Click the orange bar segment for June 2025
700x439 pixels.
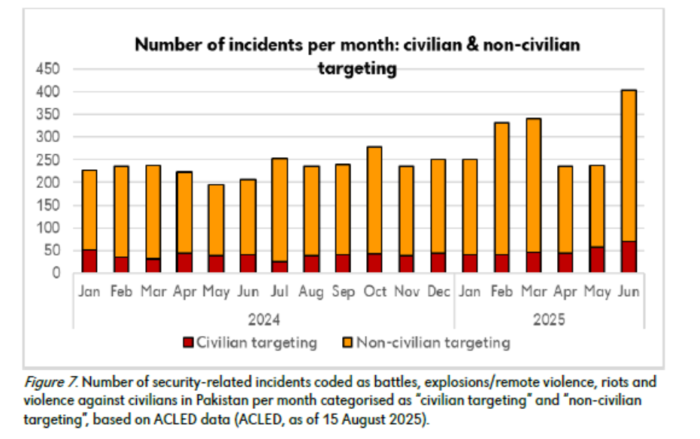(629, 165)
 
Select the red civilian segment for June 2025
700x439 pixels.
(629, 257)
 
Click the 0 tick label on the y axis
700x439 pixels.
(56, 273)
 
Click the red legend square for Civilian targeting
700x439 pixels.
(188, 344)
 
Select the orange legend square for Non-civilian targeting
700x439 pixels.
(347, 344)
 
